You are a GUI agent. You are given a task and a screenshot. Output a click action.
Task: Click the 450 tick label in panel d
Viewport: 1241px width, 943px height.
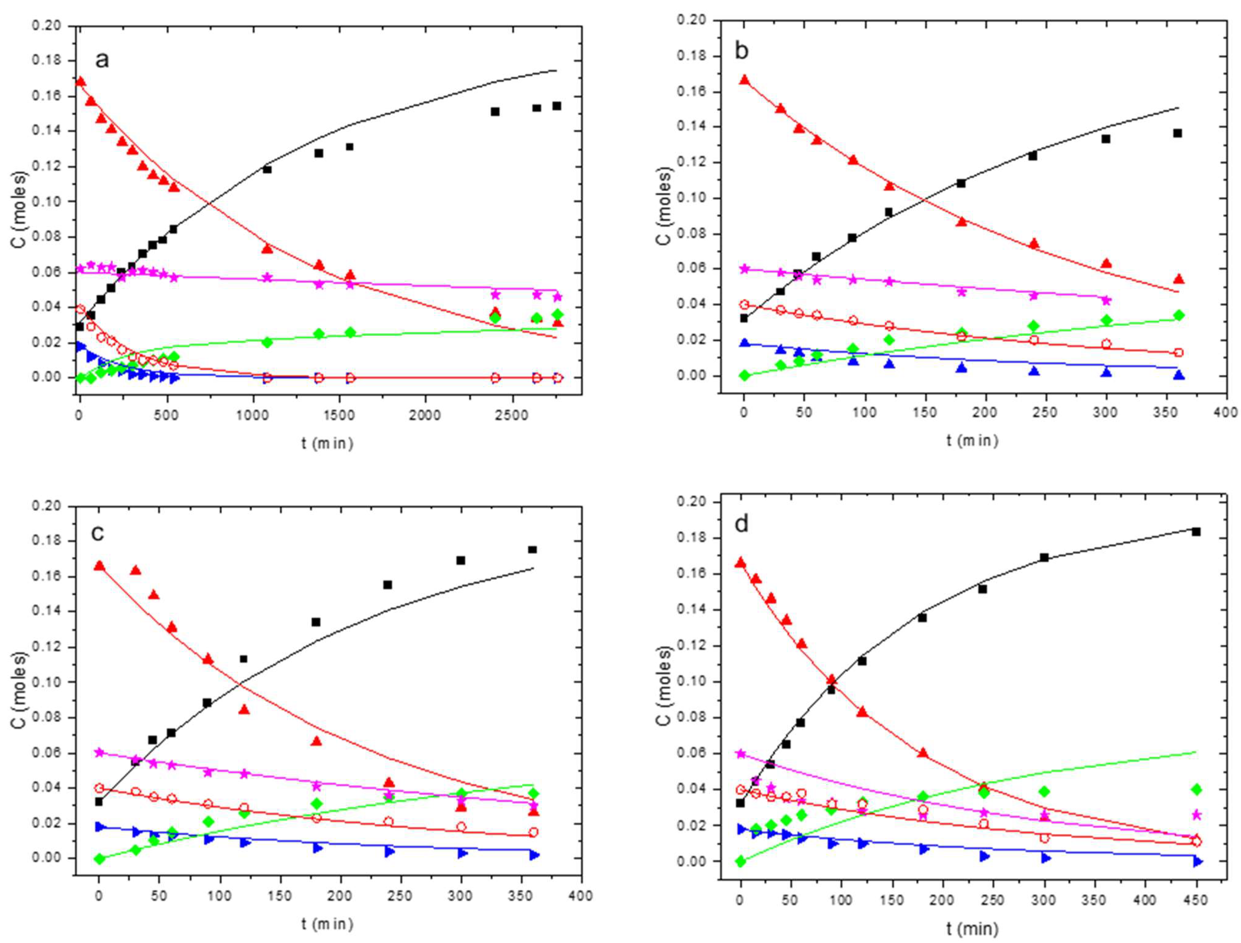coord(1196,900)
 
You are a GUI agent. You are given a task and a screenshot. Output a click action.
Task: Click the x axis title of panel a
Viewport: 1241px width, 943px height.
coord(327,443)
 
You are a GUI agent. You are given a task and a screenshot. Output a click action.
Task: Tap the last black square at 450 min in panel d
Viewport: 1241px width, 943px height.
coord(1196,532)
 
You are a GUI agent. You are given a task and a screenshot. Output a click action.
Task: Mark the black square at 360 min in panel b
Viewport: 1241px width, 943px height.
coord(1178,133)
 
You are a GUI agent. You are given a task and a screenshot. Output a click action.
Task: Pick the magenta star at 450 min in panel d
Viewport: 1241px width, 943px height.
coord(1196,814)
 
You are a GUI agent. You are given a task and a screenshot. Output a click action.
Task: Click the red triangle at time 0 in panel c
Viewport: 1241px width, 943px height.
coord(99,566)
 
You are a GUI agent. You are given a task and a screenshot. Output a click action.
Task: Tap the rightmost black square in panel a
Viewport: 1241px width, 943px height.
coord(557,106)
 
